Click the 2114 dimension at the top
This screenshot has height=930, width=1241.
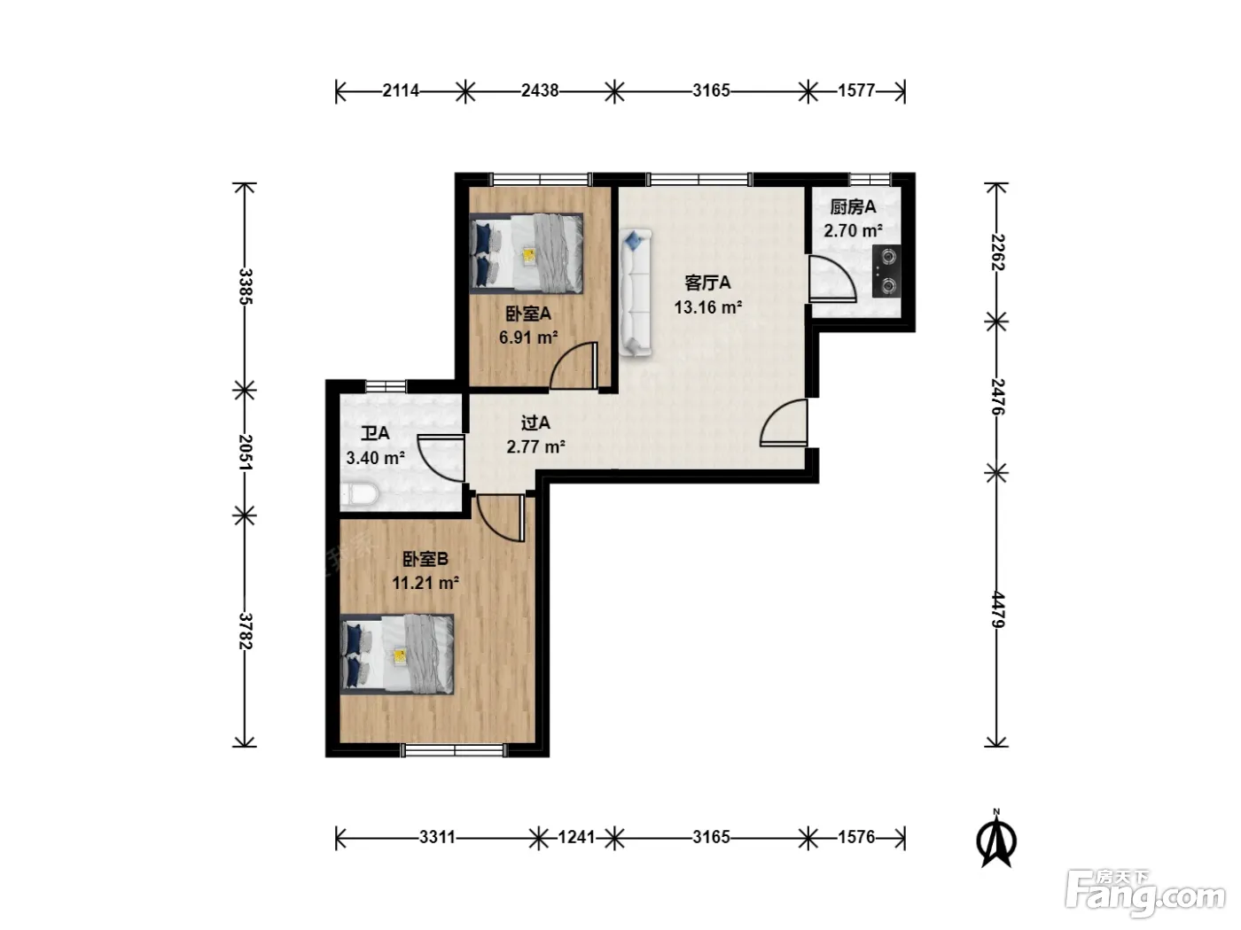401,90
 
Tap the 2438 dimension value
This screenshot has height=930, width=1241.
539,90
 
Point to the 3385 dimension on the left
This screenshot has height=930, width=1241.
246,286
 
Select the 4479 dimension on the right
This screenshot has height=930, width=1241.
996,610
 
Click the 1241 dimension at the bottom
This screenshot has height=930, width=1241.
576,837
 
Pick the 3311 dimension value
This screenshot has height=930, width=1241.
437,837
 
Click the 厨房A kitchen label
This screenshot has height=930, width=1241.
853,207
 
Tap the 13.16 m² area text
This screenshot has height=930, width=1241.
708,307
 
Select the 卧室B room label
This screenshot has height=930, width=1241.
425,559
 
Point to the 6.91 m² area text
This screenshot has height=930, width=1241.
528,337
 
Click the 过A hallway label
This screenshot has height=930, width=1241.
535,422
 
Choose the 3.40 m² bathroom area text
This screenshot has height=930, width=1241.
376,457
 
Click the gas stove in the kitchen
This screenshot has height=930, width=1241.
886,272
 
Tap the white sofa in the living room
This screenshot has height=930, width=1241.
636,292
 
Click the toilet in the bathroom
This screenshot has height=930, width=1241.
360,494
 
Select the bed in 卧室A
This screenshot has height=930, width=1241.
527,253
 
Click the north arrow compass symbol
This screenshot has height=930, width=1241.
996,840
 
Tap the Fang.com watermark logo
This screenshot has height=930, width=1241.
1145,894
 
